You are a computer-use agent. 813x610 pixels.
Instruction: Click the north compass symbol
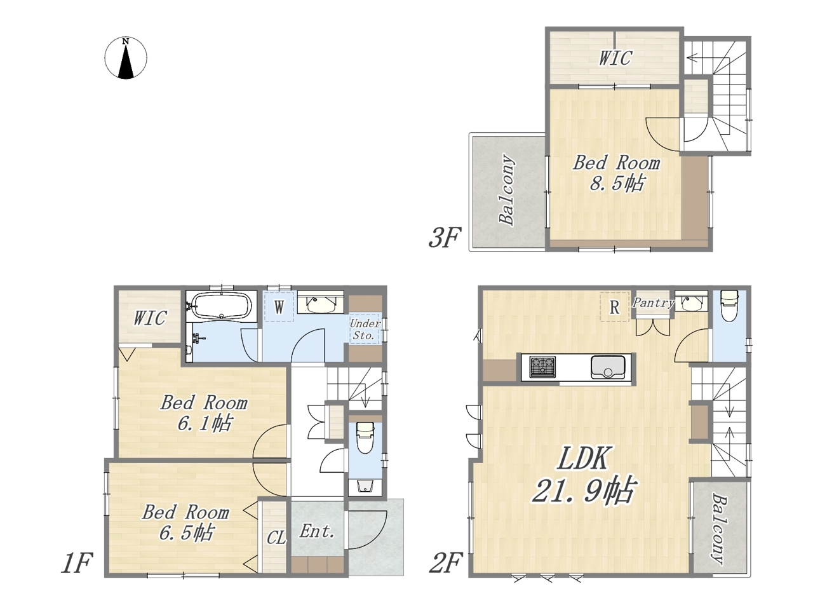[126, 58]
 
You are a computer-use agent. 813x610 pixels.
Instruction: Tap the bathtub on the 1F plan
[222, 306]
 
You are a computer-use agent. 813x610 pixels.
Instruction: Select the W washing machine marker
[279, 307]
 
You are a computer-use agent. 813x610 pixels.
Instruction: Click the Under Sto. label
[365, 329]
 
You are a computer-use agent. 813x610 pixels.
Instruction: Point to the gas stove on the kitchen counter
[542, 367]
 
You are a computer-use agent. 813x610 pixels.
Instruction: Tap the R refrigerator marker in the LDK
[614, 307]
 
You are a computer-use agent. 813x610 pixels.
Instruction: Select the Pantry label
[654, 303]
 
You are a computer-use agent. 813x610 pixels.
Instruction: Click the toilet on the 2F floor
[729, 306]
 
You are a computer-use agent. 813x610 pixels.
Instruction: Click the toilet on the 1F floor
[365, 438]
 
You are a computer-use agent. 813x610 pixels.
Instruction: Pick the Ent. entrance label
[317, 532]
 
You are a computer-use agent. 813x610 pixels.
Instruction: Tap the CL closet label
[276, 538]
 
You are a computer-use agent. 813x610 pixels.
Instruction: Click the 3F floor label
[445, 238]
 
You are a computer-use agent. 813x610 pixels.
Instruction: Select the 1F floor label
[77, 564]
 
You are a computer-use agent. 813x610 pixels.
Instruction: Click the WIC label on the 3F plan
[615, 58]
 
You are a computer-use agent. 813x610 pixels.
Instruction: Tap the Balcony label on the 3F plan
[507, 189]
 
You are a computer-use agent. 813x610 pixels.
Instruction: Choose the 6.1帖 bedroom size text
[205, 423]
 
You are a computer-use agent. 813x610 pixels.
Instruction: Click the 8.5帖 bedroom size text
[617, 183]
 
